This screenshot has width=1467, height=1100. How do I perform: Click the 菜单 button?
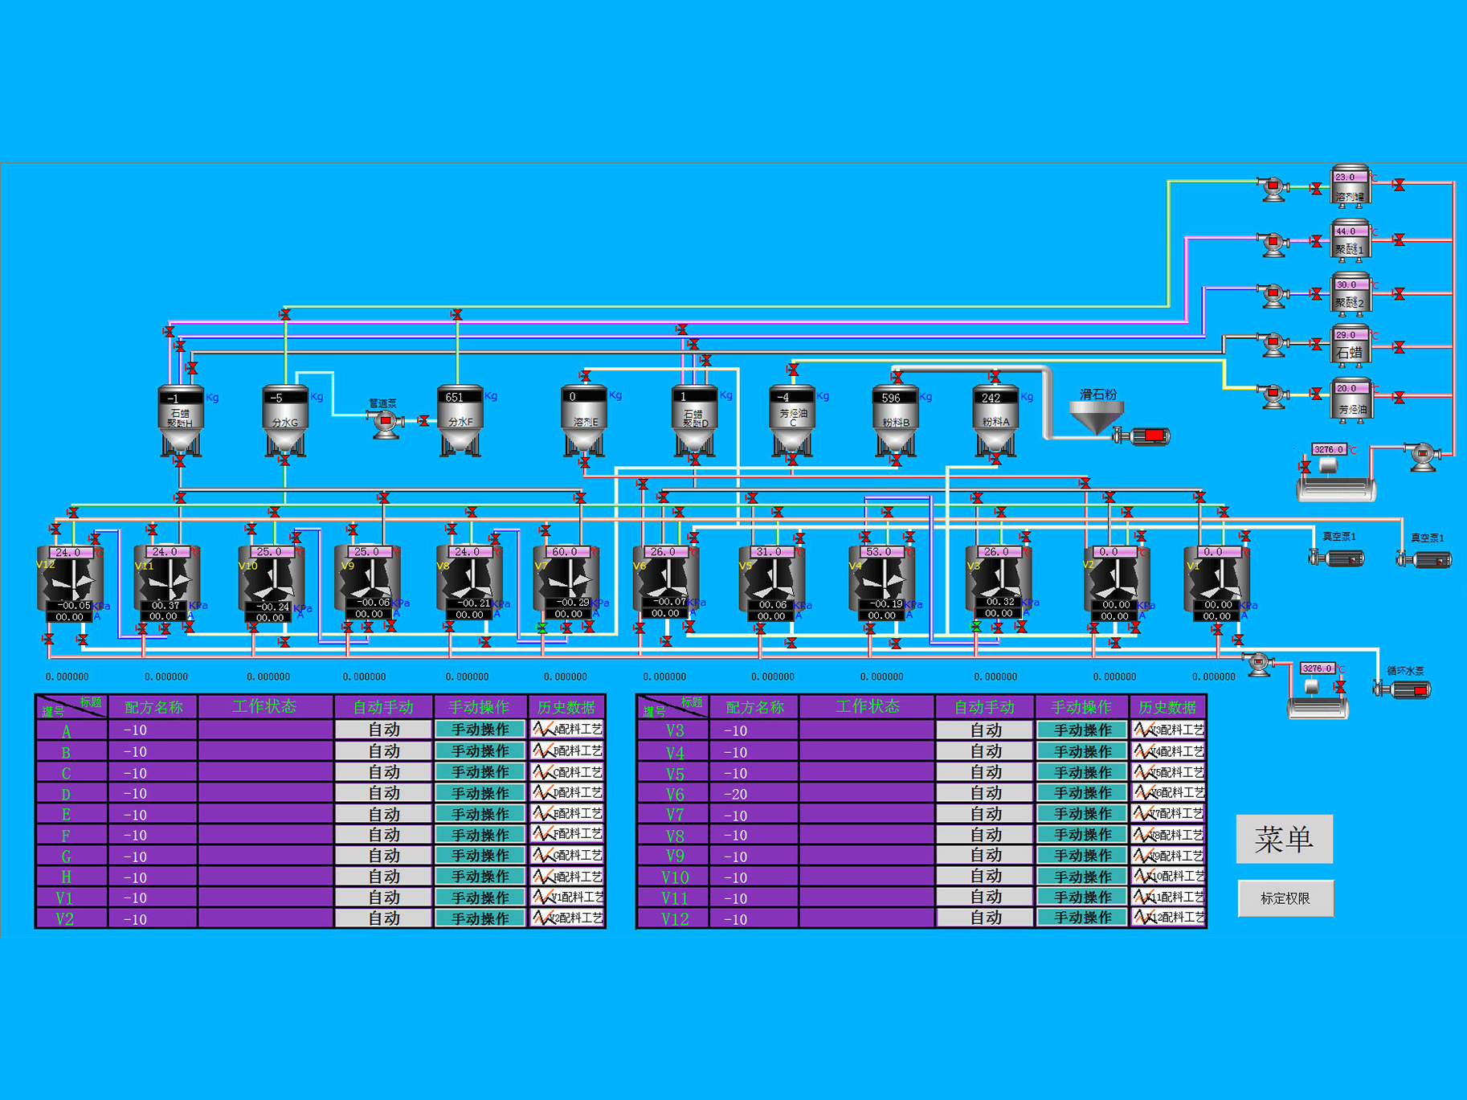(1284, 839)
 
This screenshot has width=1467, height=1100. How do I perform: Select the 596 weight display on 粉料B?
(892, 398)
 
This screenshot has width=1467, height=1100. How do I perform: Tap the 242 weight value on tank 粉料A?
(991, 398)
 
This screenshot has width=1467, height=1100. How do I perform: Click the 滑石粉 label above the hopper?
(1097, 395)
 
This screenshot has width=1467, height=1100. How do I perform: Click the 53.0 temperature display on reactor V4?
(879, 552)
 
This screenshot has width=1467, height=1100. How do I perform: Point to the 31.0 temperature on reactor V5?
(768, 552)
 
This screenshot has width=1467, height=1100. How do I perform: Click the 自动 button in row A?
(383, 730)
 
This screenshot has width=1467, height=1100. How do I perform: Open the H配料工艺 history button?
(567, 877)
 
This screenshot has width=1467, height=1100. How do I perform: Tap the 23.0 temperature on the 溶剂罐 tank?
(1346, 177)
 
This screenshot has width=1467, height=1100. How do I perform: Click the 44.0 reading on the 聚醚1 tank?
(1346, 231)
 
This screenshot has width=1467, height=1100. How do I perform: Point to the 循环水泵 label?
(1405, 671)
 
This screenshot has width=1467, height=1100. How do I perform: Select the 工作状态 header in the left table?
(264, 706)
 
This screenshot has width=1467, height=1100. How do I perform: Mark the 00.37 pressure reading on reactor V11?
(165, 605)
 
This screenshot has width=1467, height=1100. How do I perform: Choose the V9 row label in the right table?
(674, 857)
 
